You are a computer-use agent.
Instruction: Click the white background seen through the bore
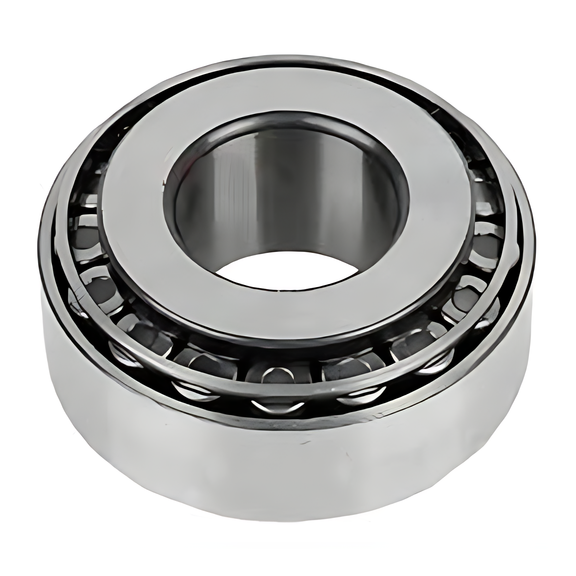click(285, 271)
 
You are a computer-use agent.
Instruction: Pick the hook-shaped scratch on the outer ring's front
click(346, 456)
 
